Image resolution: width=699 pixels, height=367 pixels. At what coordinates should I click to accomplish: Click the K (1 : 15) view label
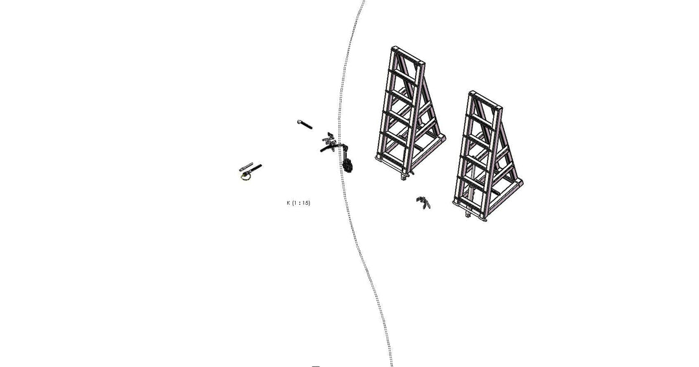coord(298,203)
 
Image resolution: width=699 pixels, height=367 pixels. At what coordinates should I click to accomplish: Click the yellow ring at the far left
coord(245,176)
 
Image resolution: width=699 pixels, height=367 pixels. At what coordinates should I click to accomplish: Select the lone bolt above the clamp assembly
coord(304,124)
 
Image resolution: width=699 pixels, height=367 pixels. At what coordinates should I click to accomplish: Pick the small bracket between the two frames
coord(423,202)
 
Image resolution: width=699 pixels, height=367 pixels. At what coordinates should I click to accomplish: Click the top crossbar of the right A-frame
coord(485,101)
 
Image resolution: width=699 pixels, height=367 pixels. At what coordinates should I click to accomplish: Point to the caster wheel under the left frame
coord(406,176)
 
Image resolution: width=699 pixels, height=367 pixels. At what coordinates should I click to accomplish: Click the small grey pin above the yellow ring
coord(246,165)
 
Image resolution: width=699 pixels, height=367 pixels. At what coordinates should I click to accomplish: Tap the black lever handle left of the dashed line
coord(327,149)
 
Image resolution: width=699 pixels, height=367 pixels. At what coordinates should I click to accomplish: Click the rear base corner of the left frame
coord(442,138)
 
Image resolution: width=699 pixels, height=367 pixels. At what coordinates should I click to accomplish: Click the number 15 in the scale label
coord(305,203)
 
